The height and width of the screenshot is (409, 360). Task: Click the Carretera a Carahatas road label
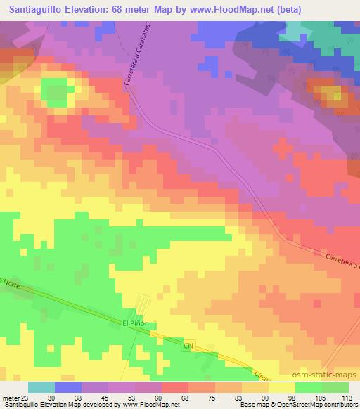pyautogui.click(x=130, y=62)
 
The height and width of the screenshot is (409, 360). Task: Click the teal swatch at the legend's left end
pyautogui.click(x=41, y=387)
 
